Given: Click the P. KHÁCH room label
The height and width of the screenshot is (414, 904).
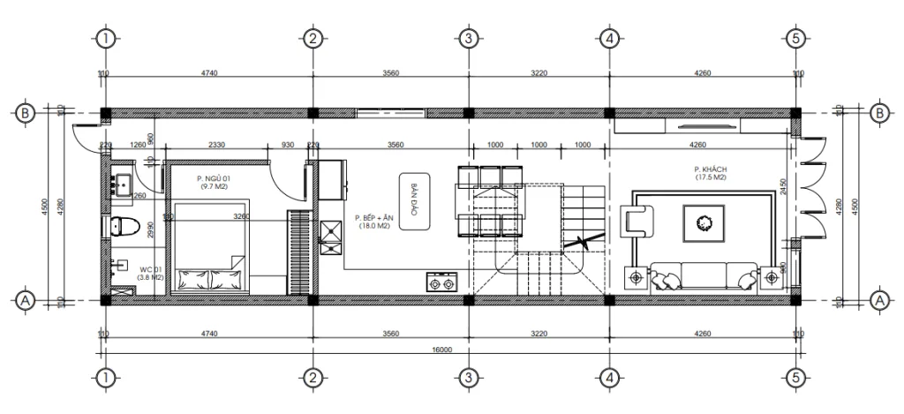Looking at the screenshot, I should pos(710,170).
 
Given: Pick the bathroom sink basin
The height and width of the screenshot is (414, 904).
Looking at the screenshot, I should pos(122,184).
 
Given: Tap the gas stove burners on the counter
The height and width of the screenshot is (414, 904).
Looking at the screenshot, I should pos(438,284).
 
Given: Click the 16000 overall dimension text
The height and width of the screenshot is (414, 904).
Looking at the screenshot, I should pos(441,350).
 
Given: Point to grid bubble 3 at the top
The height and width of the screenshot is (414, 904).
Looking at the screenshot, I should pos(469,38).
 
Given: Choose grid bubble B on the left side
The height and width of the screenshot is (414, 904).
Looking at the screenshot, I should pos(26,113).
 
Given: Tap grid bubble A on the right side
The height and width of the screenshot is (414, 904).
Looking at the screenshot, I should pos(878,300).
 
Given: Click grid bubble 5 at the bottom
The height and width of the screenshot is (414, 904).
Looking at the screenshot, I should pos(796,378).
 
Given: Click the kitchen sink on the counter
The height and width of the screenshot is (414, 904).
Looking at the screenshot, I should pos(332,232).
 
